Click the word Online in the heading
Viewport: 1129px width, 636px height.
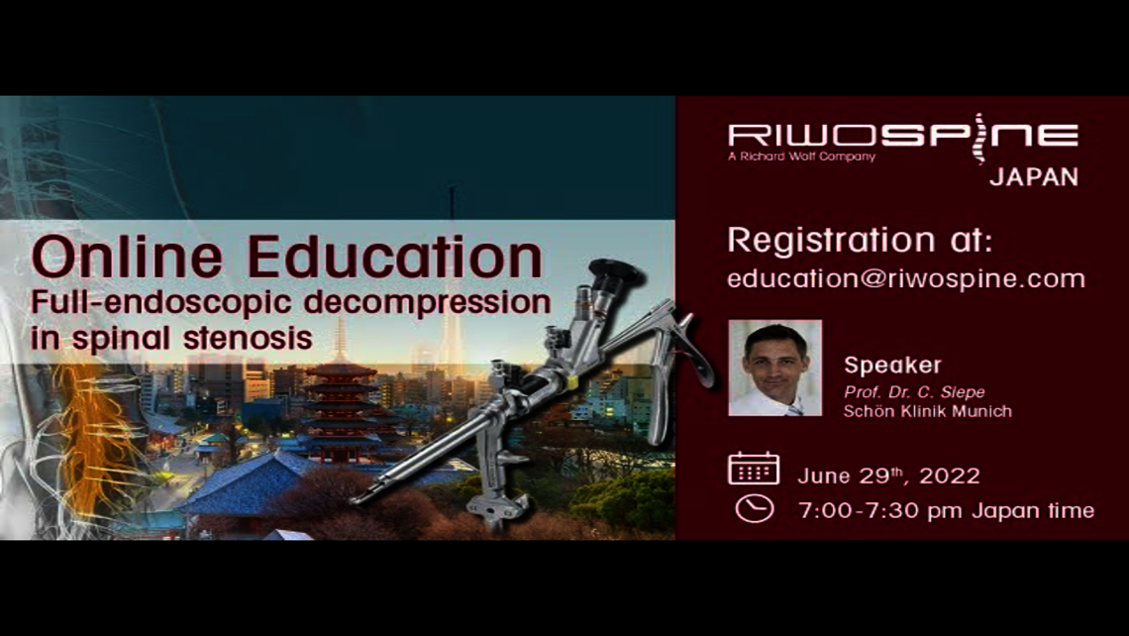click(127, 258)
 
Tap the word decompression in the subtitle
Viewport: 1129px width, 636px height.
click(427, 303)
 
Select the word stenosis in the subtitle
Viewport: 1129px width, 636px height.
click(248, 337)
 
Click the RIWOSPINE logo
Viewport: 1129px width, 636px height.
click(903, 137)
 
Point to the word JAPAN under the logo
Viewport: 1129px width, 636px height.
click(1034, 177)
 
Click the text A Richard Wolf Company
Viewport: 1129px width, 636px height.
click(801, 157)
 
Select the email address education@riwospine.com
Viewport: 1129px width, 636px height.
click(906, 278)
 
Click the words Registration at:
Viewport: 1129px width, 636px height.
click(860, 240)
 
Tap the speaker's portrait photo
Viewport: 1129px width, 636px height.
click(774, 369)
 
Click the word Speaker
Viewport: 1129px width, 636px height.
click(892, 366)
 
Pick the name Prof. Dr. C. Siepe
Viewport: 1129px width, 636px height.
click(914, 392)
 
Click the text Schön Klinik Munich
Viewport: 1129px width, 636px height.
click(927, 411)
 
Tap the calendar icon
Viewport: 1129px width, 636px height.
click(753, 469)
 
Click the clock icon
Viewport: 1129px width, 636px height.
click(754, 508)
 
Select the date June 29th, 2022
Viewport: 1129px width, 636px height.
click(888, 477)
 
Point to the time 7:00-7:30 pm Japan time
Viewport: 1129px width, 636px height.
click(946, 510)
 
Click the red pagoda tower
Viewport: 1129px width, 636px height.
click(342, 410)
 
